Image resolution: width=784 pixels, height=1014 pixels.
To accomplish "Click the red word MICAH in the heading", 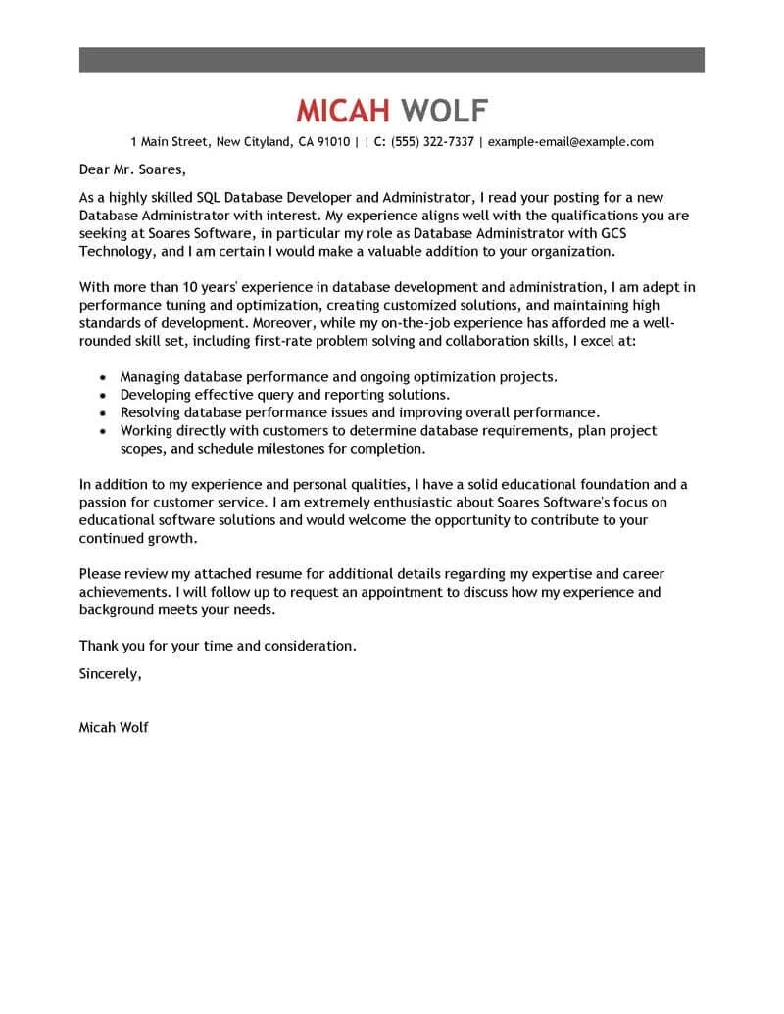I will [344, 110].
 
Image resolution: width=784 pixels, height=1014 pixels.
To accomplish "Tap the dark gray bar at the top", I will [391, 59].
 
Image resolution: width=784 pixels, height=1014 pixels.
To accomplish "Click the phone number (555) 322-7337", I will [432, 141].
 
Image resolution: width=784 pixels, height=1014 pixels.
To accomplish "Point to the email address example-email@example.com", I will [570, 141].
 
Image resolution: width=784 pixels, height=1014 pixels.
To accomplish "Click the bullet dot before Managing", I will [104, 377].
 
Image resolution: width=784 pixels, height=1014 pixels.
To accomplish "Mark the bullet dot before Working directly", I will [104, 431].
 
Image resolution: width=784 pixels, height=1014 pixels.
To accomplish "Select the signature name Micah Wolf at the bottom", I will [114, 728].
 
